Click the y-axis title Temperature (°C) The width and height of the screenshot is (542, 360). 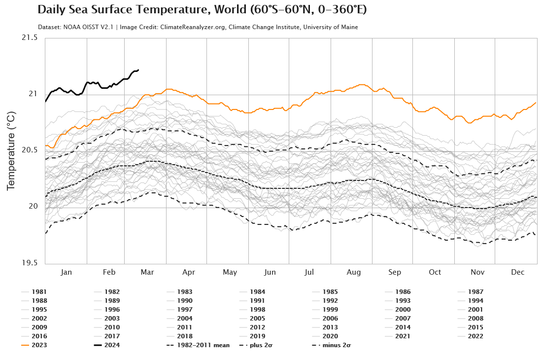coord(11,151)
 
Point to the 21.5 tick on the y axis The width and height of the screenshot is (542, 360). coord(29,38)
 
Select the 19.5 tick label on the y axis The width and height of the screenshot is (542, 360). coord(29,263)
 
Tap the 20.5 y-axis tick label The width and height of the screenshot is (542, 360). coord(29,150)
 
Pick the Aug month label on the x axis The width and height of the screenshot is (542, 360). coord(354,272)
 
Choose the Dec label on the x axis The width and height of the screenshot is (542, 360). coord(517,272)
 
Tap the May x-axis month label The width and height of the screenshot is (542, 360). coord(230,272)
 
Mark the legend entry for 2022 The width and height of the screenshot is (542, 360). coord(475,336)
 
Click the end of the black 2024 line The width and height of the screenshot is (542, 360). coord(138,70)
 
